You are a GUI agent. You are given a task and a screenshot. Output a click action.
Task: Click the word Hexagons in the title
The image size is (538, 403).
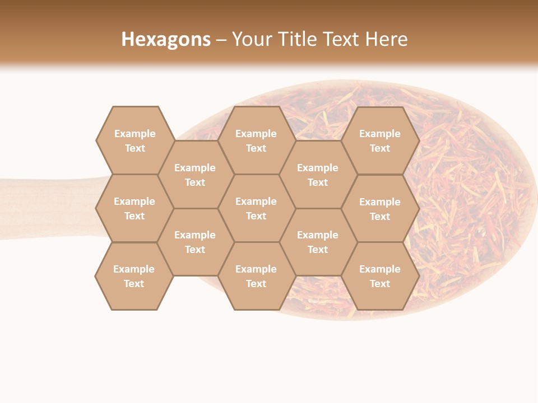click(x=166, y=39)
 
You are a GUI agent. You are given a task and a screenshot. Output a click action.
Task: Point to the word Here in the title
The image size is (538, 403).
click(x=387, y=39)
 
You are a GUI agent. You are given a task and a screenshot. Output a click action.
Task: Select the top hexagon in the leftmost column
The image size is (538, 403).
click(x=134, y=140)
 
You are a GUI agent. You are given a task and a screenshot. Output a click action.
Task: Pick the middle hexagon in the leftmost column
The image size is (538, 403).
click(x=134, y=208)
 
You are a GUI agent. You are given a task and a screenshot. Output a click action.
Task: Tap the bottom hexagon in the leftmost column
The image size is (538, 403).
click(x=134, y=276)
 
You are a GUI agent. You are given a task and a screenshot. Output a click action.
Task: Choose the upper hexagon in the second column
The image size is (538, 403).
click(x=195, y=175)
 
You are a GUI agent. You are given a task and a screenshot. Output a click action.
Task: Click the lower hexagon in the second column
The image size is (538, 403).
click(x=195, y=242)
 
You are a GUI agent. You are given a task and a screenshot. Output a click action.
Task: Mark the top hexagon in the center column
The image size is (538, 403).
click(x=256, y=140)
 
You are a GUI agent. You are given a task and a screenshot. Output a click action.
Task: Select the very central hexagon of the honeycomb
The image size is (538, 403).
click(x=256, y=208)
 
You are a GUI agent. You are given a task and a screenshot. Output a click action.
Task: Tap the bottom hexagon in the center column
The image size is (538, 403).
click(x=256, y=276)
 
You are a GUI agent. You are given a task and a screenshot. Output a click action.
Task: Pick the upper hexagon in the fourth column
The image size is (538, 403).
click(x=318, y=175)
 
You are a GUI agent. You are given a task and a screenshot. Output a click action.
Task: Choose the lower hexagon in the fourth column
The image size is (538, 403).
click(x=318, y=242)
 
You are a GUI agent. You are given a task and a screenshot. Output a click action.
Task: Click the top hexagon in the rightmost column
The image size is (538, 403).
click(x=380, y=140)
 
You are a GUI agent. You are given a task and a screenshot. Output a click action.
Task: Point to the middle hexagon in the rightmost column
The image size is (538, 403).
click(x=380, y=209)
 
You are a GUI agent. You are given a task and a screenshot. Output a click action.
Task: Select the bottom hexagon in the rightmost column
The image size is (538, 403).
click(x=380, y=276)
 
